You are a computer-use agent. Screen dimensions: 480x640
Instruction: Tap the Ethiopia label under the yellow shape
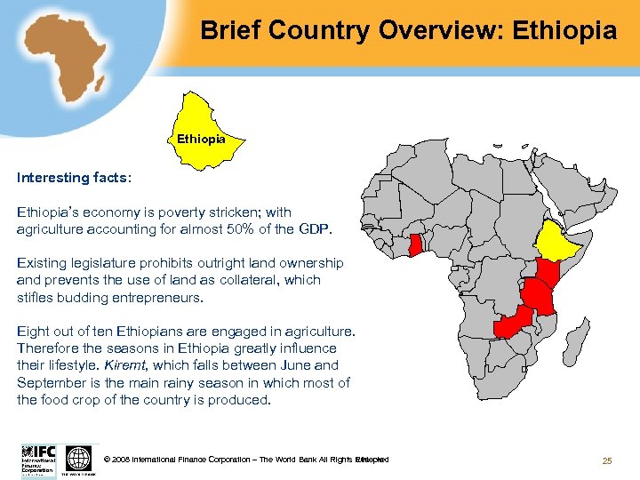201,140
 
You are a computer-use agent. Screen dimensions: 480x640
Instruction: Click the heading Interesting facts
74,178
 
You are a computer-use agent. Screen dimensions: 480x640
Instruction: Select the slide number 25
608,460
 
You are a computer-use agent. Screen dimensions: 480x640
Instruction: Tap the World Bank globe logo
79,459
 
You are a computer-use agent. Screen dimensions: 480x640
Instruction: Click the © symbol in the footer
108,460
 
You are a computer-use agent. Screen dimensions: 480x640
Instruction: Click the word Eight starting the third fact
33,332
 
